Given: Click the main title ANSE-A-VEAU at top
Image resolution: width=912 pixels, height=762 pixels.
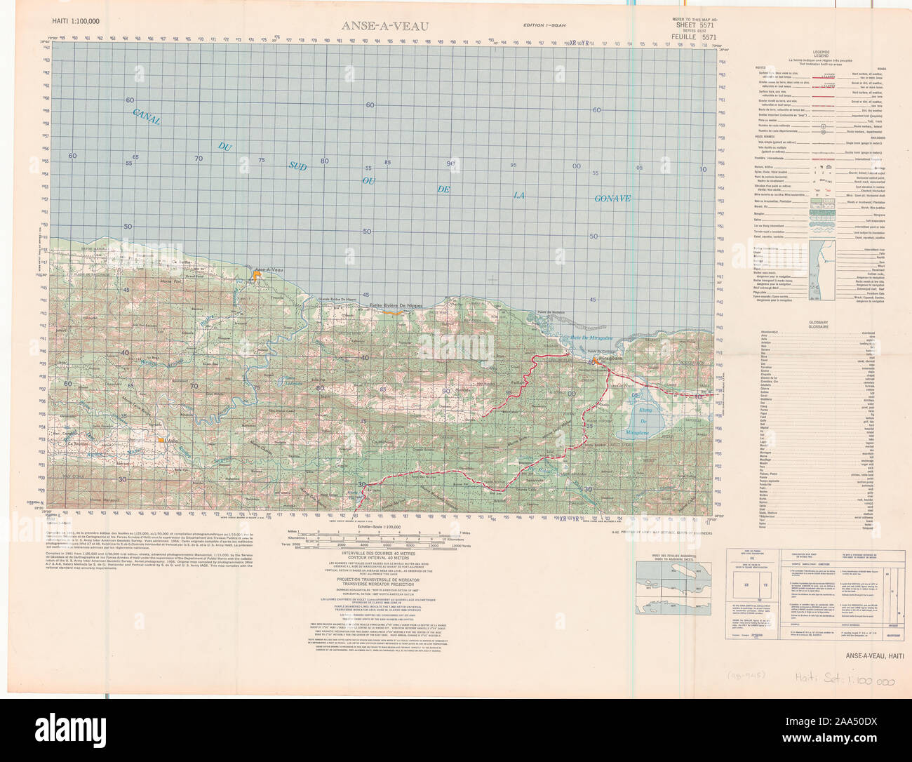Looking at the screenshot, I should (385, 27).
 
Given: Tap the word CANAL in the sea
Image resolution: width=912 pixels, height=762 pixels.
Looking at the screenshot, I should (146, 116).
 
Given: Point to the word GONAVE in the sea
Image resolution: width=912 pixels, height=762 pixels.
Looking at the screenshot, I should (612, 199).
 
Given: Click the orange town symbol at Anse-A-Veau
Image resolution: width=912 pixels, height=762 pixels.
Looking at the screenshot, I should (258, 276).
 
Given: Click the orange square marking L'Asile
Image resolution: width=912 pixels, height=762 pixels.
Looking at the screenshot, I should (162, 440).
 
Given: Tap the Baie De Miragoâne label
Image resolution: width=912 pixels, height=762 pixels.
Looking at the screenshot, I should (588, 337).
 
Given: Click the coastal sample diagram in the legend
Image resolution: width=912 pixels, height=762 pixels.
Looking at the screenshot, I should (822, 270).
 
